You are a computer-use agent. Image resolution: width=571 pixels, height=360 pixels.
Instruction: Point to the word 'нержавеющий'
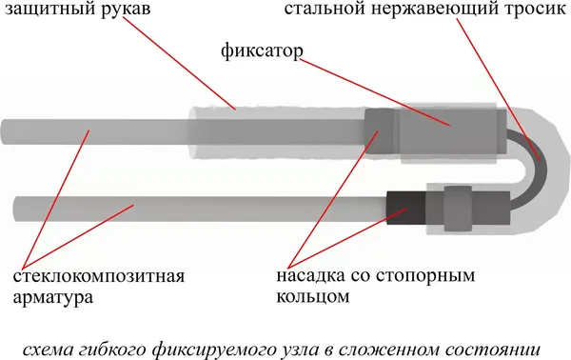tap(424, 13)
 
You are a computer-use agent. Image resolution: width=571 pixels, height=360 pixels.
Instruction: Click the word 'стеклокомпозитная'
tap(98, 277)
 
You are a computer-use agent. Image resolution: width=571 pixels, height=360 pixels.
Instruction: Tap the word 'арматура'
tap(53, 297)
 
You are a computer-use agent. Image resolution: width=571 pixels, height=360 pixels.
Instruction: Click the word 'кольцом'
tap(309, 297)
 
